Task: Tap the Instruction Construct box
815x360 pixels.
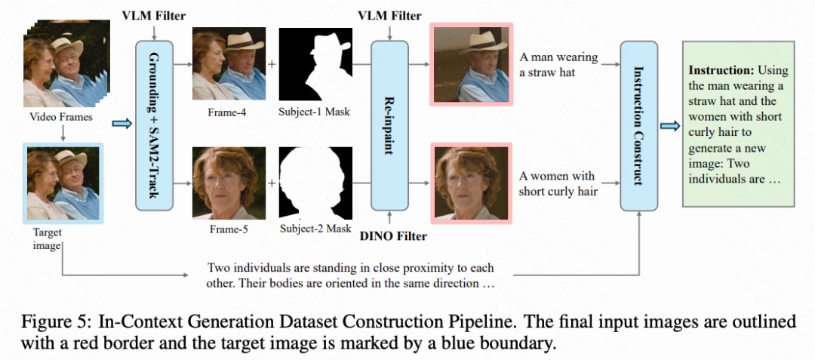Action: tap(638, 125)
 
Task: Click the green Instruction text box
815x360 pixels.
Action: tap(737, 124)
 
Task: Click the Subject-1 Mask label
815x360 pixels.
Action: tap(315, 112)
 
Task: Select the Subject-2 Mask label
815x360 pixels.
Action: tap(315, 229)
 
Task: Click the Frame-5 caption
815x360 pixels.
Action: tap(229, 229)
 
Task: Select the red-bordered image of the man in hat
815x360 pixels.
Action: tap(471, 63)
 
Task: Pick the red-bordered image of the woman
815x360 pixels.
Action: tap(471, 183)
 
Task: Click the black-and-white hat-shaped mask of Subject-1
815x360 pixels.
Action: tap(315, 64)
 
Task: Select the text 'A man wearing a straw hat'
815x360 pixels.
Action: tap(558, 64)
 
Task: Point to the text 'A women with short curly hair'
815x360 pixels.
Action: tap(558, 183)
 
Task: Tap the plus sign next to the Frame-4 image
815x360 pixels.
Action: tap(272, 64)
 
